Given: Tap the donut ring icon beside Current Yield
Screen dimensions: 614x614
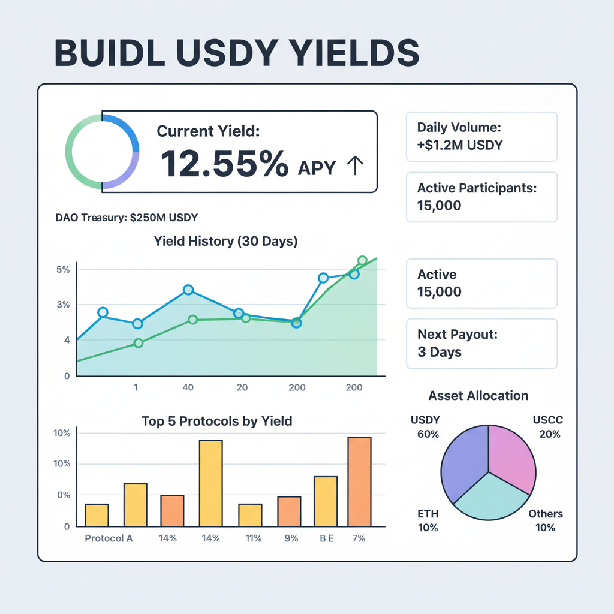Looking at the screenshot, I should pyautogui.click(x=102, y=151).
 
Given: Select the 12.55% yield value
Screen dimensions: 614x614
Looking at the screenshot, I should pyautogui.click(x=224, y=164).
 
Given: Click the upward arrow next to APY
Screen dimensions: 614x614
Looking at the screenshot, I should pyautogui.click(x=355, y=165).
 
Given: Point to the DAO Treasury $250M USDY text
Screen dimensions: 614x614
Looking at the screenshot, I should pyautogui.click(x=127, y=218).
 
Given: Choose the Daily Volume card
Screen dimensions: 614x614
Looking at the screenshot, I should pyautogui.click(x=481, y=136).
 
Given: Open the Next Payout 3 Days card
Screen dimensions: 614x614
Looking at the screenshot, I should pyautogui.click(x=481, y=344).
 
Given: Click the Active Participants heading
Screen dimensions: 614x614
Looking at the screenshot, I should pyautogui.click(x=477, y=188).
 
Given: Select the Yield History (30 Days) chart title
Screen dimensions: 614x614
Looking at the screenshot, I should pyautogui.click(x=225, y=242).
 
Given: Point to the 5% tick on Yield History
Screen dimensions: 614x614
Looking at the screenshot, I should pyautogui.click(x=63, y=270).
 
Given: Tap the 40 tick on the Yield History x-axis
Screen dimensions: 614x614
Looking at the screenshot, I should pyautogui.click(x=188, y=387).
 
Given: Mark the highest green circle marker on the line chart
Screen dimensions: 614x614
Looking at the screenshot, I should pyautogui.click(x=362, y=261).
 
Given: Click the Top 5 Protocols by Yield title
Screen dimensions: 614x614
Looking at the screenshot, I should pyautogui.click(x=216, y=421).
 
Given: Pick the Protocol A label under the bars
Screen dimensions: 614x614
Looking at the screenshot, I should pyautogui.click(x=109, y=538).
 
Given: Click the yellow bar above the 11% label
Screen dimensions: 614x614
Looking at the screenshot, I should pyautogui.click(x=250, y=515).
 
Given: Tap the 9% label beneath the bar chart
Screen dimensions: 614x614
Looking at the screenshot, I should pyautogui.click(x=291, y=538).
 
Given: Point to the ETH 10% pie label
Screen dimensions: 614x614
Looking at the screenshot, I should pyautogui.click(x=428, y=520).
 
